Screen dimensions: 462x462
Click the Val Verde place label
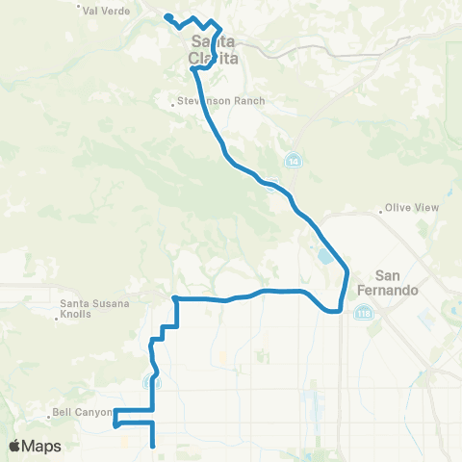(x=105, y=11)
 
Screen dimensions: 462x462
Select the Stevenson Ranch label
(x=223, y=101)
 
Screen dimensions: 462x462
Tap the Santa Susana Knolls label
(x=89, y=309)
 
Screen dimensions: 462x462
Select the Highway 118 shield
(x=362, y=313)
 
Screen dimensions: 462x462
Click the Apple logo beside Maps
(x=15, y=446)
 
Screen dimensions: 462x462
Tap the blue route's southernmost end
(x=154, y=446)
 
